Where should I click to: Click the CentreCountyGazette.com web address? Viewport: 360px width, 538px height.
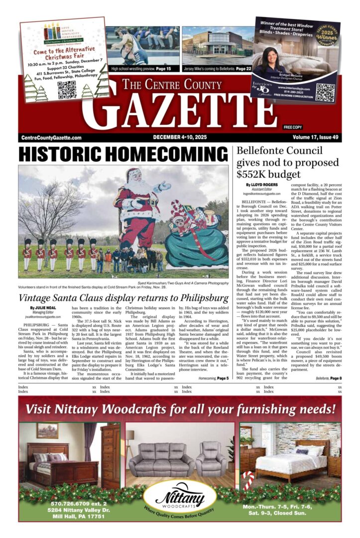click(51, 138)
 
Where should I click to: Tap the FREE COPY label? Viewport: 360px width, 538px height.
click(293, 128)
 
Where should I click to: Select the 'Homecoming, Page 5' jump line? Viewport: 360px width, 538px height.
click(214, 379)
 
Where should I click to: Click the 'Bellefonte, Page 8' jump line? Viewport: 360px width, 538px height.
click(329, 379)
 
